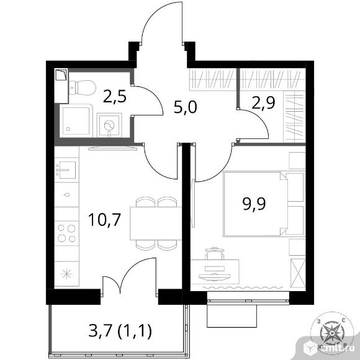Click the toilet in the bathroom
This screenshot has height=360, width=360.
[83, 88]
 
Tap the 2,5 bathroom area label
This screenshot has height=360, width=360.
[115, 97]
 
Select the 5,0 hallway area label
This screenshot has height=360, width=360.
[186, 107]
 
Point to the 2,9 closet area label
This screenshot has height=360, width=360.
[263, 102]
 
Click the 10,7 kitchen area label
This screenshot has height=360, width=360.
[104, 220]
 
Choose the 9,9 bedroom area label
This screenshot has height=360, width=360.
[254, 204]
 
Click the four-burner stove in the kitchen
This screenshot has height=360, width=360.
[66, 233]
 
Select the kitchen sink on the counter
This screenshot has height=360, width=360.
[66, 170]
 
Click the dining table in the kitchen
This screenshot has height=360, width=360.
[156, 223]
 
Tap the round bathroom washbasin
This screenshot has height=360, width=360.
[109, 125]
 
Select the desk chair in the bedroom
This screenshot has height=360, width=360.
[214, 253]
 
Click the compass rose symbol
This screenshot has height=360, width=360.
[332, 332]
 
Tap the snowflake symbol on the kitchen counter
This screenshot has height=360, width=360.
[66, 274]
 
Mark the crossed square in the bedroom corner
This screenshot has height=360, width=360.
[297, 273]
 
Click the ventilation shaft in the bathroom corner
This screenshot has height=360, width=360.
[61, 75]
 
